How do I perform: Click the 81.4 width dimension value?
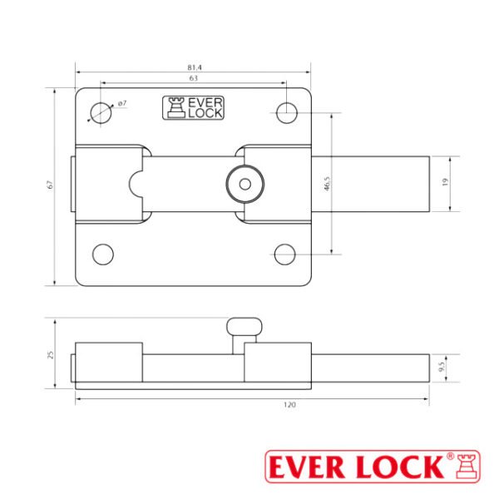[x=195, y=67]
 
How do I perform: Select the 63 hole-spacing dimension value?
[x=194, y=78]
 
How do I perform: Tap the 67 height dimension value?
[x=50, y=185]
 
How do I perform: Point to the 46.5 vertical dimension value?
[x=327, y=184]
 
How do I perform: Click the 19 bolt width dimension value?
[x=445, y=182]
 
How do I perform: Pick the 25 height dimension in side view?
[x=50, y=355]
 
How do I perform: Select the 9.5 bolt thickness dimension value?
[x=442, y=367]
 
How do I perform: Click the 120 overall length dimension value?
[x=289, y=405]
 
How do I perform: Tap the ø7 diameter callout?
[x=122, y=103]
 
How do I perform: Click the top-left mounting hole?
[x=101, y=113]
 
